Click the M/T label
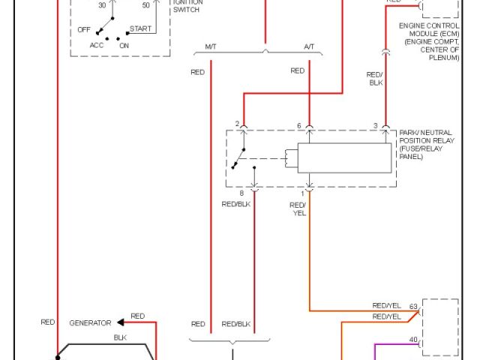point(211,47)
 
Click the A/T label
point(309,47)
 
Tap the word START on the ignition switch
point(140,28)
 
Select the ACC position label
point(97,44)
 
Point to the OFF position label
point(85,29)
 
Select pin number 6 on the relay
point(298,124)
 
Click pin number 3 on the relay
point(375,124)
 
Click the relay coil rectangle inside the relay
point(346,157)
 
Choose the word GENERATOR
point(90,322)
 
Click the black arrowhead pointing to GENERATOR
point(121,322)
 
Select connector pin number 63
point(413,307)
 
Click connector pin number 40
point(413,340)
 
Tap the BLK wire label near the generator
point(120,337)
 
